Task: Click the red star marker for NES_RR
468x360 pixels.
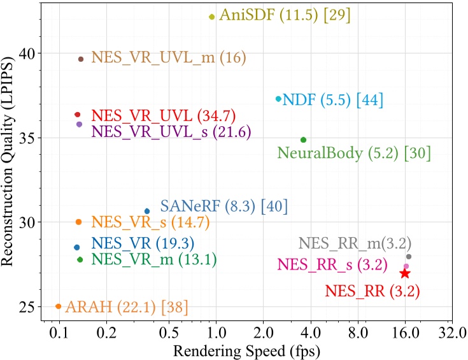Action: (x=404, y=273)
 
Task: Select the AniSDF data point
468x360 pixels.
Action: (x=212, y=17)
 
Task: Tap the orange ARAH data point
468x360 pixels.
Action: (x=59, y=306)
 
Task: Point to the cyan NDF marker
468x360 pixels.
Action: (x=278, y=99)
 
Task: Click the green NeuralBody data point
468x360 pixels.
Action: (x=303, y=140)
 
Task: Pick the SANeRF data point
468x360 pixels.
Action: (x=147, y=211)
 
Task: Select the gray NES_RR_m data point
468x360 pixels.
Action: (x=409, y=257)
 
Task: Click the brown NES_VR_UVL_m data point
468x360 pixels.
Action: (x=81, y=59)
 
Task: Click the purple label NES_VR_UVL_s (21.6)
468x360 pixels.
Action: (x=171, y=132)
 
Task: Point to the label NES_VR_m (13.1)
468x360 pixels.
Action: (x=154, y=259)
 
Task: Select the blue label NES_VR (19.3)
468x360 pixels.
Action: (x=143, y=243)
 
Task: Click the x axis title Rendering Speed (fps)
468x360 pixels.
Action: (x=246, y=350)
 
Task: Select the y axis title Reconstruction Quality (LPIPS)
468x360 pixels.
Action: (x=10, y=161)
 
